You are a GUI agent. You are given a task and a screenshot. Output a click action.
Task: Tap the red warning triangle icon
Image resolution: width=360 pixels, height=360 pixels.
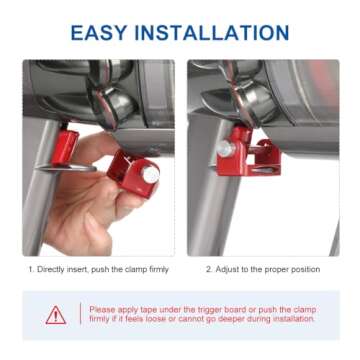[x=56, y=314]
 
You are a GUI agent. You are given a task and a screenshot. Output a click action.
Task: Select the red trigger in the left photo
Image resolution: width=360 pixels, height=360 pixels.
[x=66, y=147]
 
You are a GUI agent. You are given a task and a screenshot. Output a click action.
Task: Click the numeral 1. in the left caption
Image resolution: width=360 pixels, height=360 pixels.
[x=32, y=269]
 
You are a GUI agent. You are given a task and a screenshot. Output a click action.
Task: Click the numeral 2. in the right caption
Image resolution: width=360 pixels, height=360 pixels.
[x=208, y=269]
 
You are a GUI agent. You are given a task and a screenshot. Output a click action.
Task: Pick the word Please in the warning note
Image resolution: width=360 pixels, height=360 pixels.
[x=102, y=308]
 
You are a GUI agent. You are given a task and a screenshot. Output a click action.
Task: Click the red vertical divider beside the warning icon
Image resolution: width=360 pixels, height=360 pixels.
[x=78, y=314]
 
